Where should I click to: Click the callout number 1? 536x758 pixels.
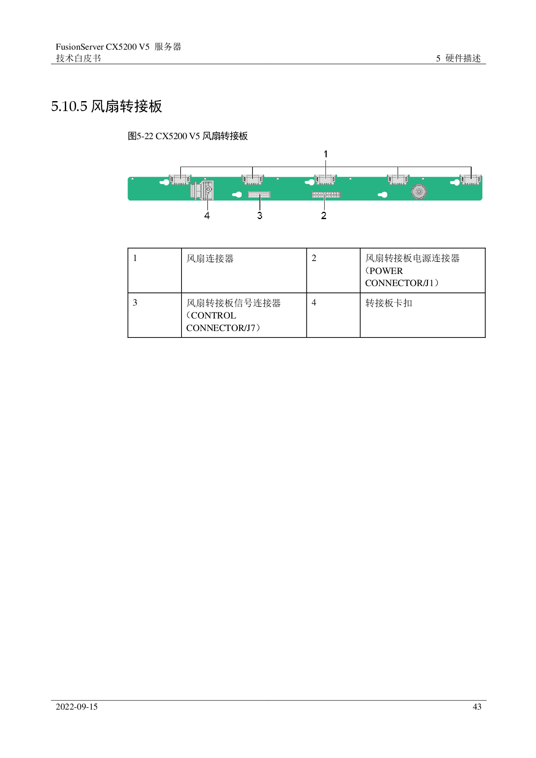pyautogui.click(x=325, y=154)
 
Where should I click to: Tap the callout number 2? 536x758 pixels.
pyautogui.click(x=324, y=215)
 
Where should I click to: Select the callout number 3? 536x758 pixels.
pyautogui.click(x=260, y=215)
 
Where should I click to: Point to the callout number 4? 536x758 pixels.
pyautogui.click(x=207, y=215)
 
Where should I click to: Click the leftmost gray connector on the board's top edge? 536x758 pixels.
pyautogui.click(x=180, y=179)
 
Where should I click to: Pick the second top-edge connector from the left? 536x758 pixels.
pyautogui.click(x=252, y=179)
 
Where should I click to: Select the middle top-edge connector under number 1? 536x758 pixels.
pyautogui.click(x=325, y=179)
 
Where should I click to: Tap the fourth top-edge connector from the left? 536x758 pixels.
pyautogui.click(x=398, y=179)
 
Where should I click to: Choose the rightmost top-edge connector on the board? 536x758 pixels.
pyautogui.click(x=471, y=179)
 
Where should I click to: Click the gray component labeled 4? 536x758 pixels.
pyautogui.click(x=203, y=190)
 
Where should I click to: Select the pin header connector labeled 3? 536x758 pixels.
pyautogui.click(x=259, y=194)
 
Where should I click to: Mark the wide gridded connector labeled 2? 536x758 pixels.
pyautogui.click(x=326, y=194)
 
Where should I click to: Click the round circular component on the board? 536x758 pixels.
pyautogui.click(x=419, y=191)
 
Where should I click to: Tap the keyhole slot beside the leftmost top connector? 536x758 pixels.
pyautogui.click(x=164, y=183)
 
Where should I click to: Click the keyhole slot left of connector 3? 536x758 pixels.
pyautogui.click(x=237, y=195)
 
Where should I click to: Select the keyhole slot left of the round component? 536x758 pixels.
pyautogui.click(x=383, y=195)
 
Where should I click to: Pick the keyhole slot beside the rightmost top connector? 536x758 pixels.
pyautogui.click(x=455, y=183)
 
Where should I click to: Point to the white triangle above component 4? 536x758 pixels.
pyautogui.click(x=205, y=178)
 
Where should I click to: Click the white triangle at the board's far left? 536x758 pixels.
pyautogui.click(x=132, y=178)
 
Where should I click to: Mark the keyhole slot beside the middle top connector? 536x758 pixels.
pyautogui.click(x=309, y=183)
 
